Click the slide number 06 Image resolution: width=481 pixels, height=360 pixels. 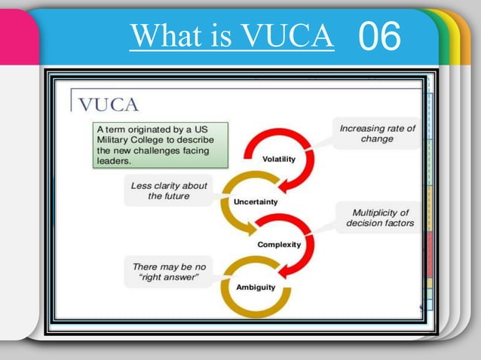[381, 37]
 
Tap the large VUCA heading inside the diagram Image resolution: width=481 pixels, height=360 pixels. [109, 103]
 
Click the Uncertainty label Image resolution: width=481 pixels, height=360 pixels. [256, 202]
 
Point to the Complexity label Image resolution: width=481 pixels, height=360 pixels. [279, 244]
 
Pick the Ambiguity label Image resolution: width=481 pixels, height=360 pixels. [256, 287]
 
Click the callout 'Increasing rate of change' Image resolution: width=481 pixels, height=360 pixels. [377, 133]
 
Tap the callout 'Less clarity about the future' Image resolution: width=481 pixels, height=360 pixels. [169, 191]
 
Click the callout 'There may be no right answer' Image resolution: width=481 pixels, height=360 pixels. [168, 272]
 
